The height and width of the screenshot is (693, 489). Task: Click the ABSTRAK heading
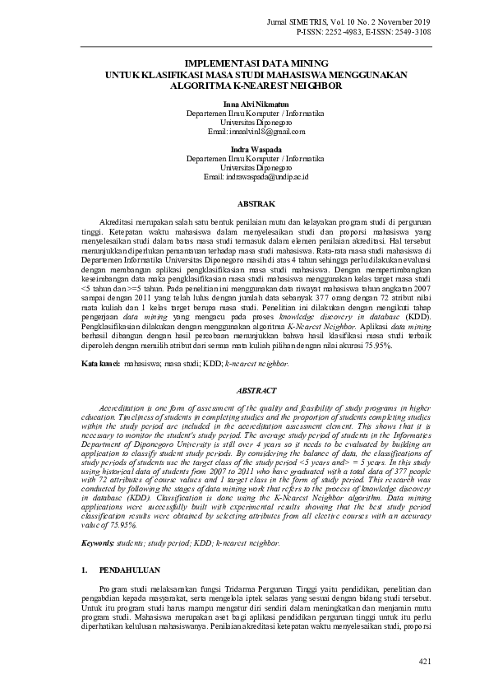(x=256, y=202)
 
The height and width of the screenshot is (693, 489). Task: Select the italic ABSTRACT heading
(x=256, y=391)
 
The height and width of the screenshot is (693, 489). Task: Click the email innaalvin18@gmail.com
(x=256, y=131)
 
